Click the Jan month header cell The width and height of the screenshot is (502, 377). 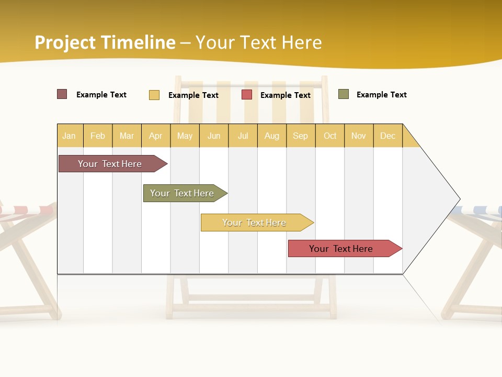tap(70, 136)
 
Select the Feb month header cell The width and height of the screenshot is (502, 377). tap(98, 136)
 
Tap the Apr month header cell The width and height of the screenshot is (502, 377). tap(156, 136)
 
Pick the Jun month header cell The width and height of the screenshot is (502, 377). tap(214, 136)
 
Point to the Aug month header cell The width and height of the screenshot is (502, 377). tap(272, 136)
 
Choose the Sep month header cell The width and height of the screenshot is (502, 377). tap(301, 136)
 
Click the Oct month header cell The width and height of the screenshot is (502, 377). tap(330, 136)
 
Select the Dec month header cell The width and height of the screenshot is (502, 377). tap(388, 136)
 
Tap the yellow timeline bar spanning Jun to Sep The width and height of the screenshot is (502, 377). tap(255, 223)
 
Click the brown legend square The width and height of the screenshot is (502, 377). tap(62, 94)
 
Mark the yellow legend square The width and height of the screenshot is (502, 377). tap(154, 95)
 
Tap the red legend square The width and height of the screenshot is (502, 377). tap(247, 95)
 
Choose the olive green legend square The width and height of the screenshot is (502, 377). tap(344, 94)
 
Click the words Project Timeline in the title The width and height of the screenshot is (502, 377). tap(105, 42)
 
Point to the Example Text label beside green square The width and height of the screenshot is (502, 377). tap(381, 95)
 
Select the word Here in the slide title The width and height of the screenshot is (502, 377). tap(302, 42)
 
